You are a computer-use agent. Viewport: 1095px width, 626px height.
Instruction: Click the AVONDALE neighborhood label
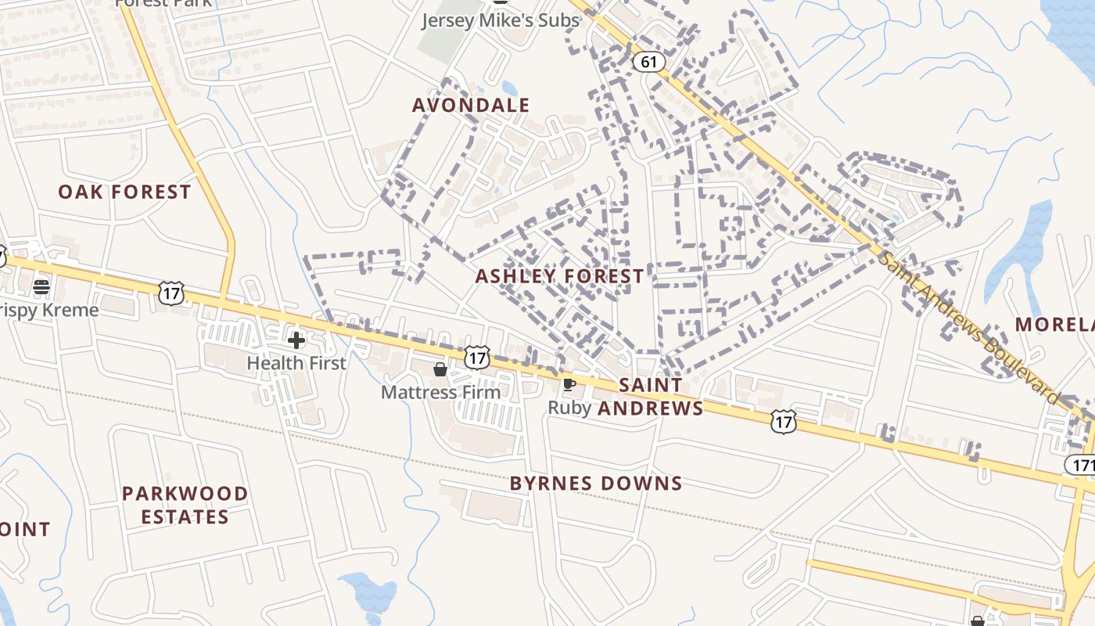pos(471,105)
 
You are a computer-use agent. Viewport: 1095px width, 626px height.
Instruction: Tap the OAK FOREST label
pos(124,192)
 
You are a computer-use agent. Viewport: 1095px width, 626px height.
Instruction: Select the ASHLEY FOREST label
pos(560,276)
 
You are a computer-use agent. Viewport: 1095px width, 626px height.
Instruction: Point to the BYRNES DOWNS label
pos(596,484)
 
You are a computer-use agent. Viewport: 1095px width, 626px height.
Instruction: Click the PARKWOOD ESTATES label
pos(185,505)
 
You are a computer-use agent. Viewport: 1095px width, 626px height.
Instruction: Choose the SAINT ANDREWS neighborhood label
pos(651,397)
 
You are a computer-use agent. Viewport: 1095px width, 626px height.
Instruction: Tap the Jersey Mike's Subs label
pos(501,20)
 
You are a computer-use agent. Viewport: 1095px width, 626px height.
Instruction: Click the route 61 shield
pos(648,62)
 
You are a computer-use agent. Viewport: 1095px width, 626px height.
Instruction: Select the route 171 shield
pos(1081,466)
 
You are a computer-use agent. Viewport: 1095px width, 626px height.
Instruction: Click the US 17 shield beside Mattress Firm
pos(476,358)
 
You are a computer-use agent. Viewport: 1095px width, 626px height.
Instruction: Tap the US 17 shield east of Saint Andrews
pos(783,422)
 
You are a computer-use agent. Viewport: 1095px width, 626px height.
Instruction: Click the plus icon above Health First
pos(296,340)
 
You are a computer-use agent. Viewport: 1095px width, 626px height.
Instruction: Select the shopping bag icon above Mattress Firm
pos(440,369)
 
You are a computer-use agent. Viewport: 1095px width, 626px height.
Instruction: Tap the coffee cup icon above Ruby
pos(569,384)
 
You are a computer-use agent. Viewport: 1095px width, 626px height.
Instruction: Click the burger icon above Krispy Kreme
pos(42,287)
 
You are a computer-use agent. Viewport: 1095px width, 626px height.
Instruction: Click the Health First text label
pos(296,363)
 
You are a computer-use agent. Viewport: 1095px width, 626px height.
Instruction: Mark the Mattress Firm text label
pos(440,392)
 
